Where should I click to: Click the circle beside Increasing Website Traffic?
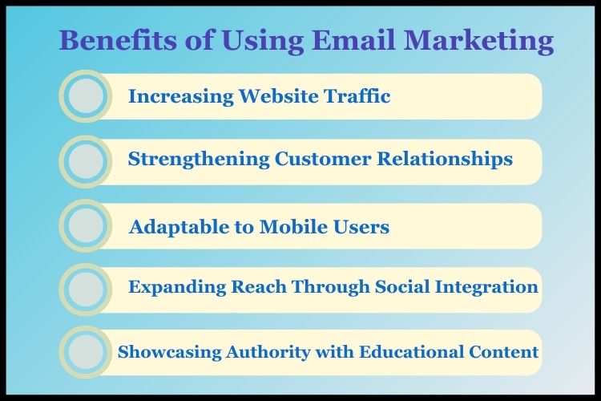85,96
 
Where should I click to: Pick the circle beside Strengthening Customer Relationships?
85,161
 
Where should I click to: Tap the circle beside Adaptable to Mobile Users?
85,227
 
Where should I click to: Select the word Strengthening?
199,160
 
